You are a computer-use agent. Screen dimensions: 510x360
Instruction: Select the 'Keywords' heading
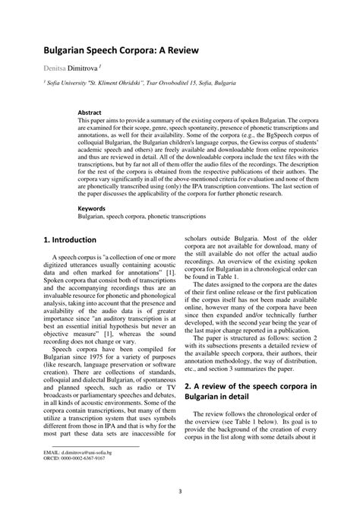pos(93,207)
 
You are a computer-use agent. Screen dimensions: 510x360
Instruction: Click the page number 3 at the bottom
pos(180,490)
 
